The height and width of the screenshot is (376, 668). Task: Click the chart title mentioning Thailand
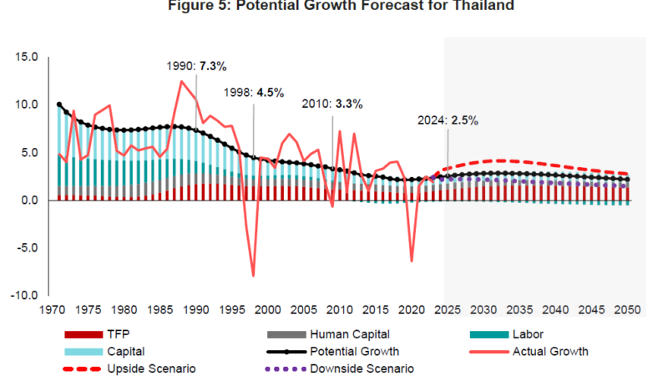click(x=334, y=7)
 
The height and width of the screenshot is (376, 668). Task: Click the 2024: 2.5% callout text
click(x=448, y=120)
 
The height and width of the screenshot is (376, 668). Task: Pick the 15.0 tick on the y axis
click(x=27, y=57)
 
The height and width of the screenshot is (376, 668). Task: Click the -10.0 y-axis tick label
click(x=25, y=296)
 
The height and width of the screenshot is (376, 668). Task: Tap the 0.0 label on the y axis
click(x=30, y=201)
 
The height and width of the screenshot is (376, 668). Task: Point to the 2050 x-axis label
click(x=627, y=310)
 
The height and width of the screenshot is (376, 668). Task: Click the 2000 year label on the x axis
click(x=268, y=310)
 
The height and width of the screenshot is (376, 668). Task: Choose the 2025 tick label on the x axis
click(x=448, y=310)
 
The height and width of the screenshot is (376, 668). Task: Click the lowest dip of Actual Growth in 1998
click(x=253, y=275)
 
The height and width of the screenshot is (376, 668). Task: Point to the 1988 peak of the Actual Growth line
click(x=181, y=81)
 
